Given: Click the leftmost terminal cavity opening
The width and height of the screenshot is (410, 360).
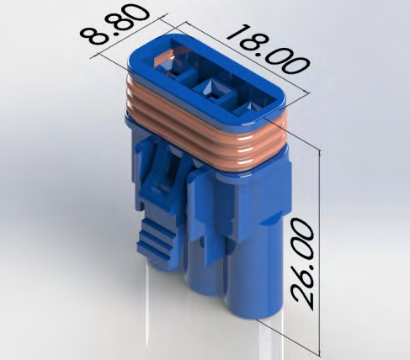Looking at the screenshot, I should pyautogui.click(x=174, y=71).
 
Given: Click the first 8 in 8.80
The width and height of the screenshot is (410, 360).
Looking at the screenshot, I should pyautogui.click(x=93, y=38).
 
